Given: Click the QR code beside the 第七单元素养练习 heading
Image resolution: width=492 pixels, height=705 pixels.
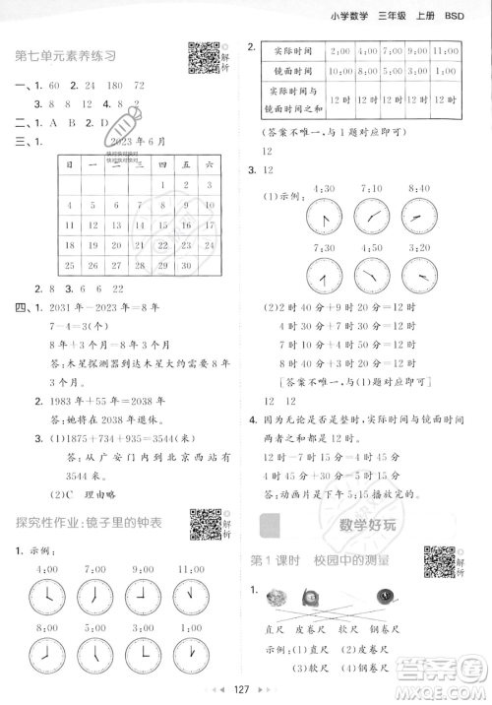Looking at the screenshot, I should [203, 58].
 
